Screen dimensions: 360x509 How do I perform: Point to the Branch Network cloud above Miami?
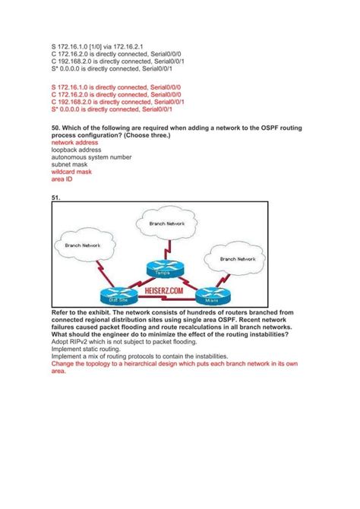[x=236, y=259]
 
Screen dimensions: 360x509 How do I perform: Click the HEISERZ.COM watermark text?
[x=158, y=290]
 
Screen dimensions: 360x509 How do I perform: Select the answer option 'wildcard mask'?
[x=71, y=172]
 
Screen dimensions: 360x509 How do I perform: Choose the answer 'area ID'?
[x=62, y=180]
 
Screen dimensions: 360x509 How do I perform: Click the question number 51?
[x=55, y=198]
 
